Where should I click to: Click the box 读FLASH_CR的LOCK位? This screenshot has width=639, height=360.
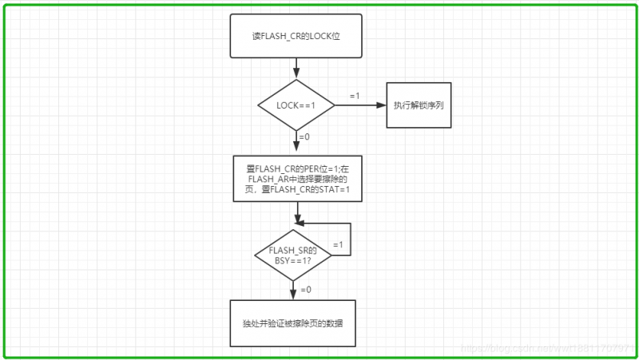296,36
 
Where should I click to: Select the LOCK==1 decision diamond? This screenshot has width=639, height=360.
296,105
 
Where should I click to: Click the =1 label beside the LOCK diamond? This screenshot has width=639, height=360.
355,96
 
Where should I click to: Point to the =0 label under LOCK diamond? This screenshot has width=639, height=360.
304,137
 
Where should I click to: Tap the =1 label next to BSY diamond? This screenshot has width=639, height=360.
337,244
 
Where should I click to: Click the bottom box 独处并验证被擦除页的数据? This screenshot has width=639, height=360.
292,323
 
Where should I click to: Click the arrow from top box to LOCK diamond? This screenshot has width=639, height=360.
296,68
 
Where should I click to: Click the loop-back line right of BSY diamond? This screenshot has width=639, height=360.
351,239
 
